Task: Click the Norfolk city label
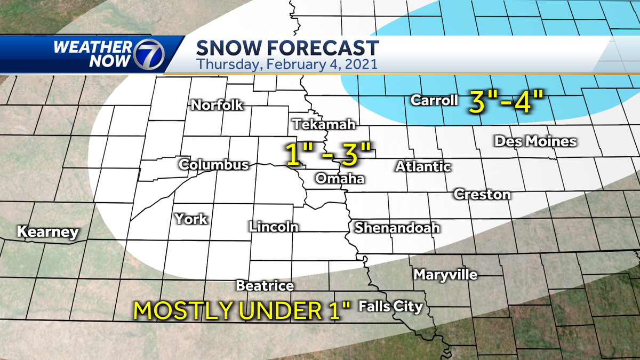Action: (x=217, y=105)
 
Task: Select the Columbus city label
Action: (x=213, y=165)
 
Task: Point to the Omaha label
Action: (x=340, y=179)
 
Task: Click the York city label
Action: (x=191, y=219)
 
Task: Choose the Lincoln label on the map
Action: (x=273, y=227)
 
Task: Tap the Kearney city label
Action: (x=47, y=233)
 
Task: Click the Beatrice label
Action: (x=265, y=286)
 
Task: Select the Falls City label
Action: (x=390, y=307)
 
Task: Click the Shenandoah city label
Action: (x=397, y=228)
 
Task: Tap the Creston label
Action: (x=482, y=195)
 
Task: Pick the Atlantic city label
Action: (x=423, y=167)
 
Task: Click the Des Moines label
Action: (x=535, y=141)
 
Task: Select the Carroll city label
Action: (x=434, y=100)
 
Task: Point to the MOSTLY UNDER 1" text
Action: (x=243, y=310)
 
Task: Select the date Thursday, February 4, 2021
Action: (x=287, y=65)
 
